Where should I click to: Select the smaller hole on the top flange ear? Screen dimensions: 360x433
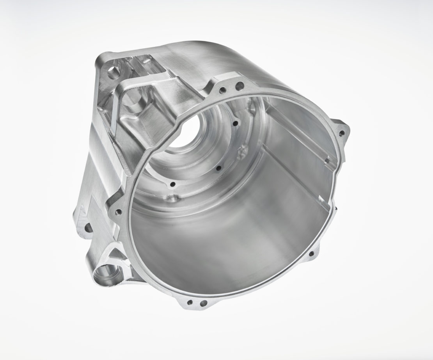point(223,90)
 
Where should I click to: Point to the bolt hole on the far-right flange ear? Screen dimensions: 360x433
point(342,133)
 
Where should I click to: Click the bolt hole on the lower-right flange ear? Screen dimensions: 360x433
point(311,255)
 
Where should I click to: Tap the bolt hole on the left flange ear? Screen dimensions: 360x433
point(119,212)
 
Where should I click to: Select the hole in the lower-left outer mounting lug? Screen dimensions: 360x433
point(87,226)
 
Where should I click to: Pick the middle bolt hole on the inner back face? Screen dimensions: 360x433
point(218,168)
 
